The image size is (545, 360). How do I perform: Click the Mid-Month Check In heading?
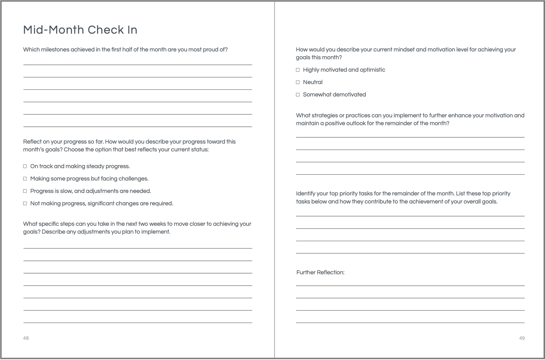[80, 30]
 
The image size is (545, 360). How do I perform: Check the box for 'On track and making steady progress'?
[25, 166]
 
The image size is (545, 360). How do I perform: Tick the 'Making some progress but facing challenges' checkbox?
[25, 178]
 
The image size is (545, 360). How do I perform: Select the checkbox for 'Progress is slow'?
[25, 191]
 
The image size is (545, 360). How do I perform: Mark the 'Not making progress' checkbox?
[25, 203]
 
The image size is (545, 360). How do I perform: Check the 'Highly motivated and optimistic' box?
[298, 70]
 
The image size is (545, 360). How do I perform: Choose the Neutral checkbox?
[298, 82]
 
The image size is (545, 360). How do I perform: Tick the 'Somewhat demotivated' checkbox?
[298, 95]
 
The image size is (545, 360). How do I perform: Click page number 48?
[26, 338]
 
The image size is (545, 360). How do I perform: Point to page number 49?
[522, 338]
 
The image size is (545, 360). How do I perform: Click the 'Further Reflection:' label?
[320, 272]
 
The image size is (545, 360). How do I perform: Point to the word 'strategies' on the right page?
[322, 115]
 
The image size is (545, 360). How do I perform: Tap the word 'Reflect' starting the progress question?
[32, 142]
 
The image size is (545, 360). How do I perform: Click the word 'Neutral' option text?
[313, 82]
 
